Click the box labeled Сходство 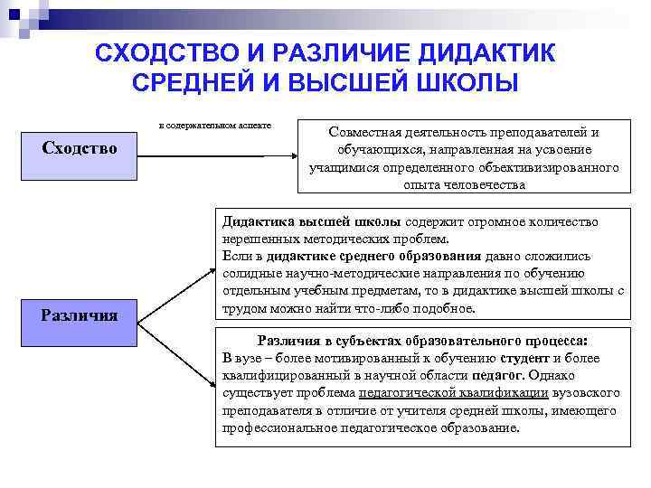coord(80,147)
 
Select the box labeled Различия coord(80,315)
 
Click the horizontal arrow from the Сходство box coord(217,155)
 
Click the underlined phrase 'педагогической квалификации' coord(441,393)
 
